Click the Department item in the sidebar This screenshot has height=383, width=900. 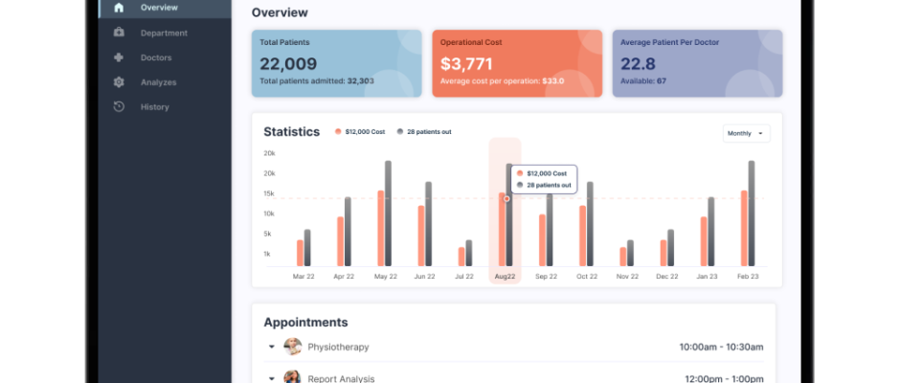163,33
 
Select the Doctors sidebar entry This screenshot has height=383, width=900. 156,57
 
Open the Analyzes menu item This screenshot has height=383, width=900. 158,82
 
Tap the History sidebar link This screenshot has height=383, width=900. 154,107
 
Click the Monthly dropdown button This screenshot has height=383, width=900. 746,133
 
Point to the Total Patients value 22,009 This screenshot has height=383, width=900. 288,63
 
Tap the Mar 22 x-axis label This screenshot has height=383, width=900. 304,276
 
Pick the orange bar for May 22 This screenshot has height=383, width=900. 380,228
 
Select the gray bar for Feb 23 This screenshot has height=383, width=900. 752,214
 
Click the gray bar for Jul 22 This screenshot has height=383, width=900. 468,253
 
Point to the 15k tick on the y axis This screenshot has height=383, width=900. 269,193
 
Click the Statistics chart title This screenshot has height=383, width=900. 291,132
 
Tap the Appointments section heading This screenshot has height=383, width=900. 305,323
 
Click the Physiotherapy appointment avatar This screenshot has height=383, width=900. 293,347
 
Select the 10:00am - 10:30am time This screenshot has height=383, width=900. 722,347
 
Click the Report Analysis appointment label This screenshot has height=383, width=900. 341,378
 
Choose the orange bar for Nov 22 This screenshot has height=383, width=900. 622,257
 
